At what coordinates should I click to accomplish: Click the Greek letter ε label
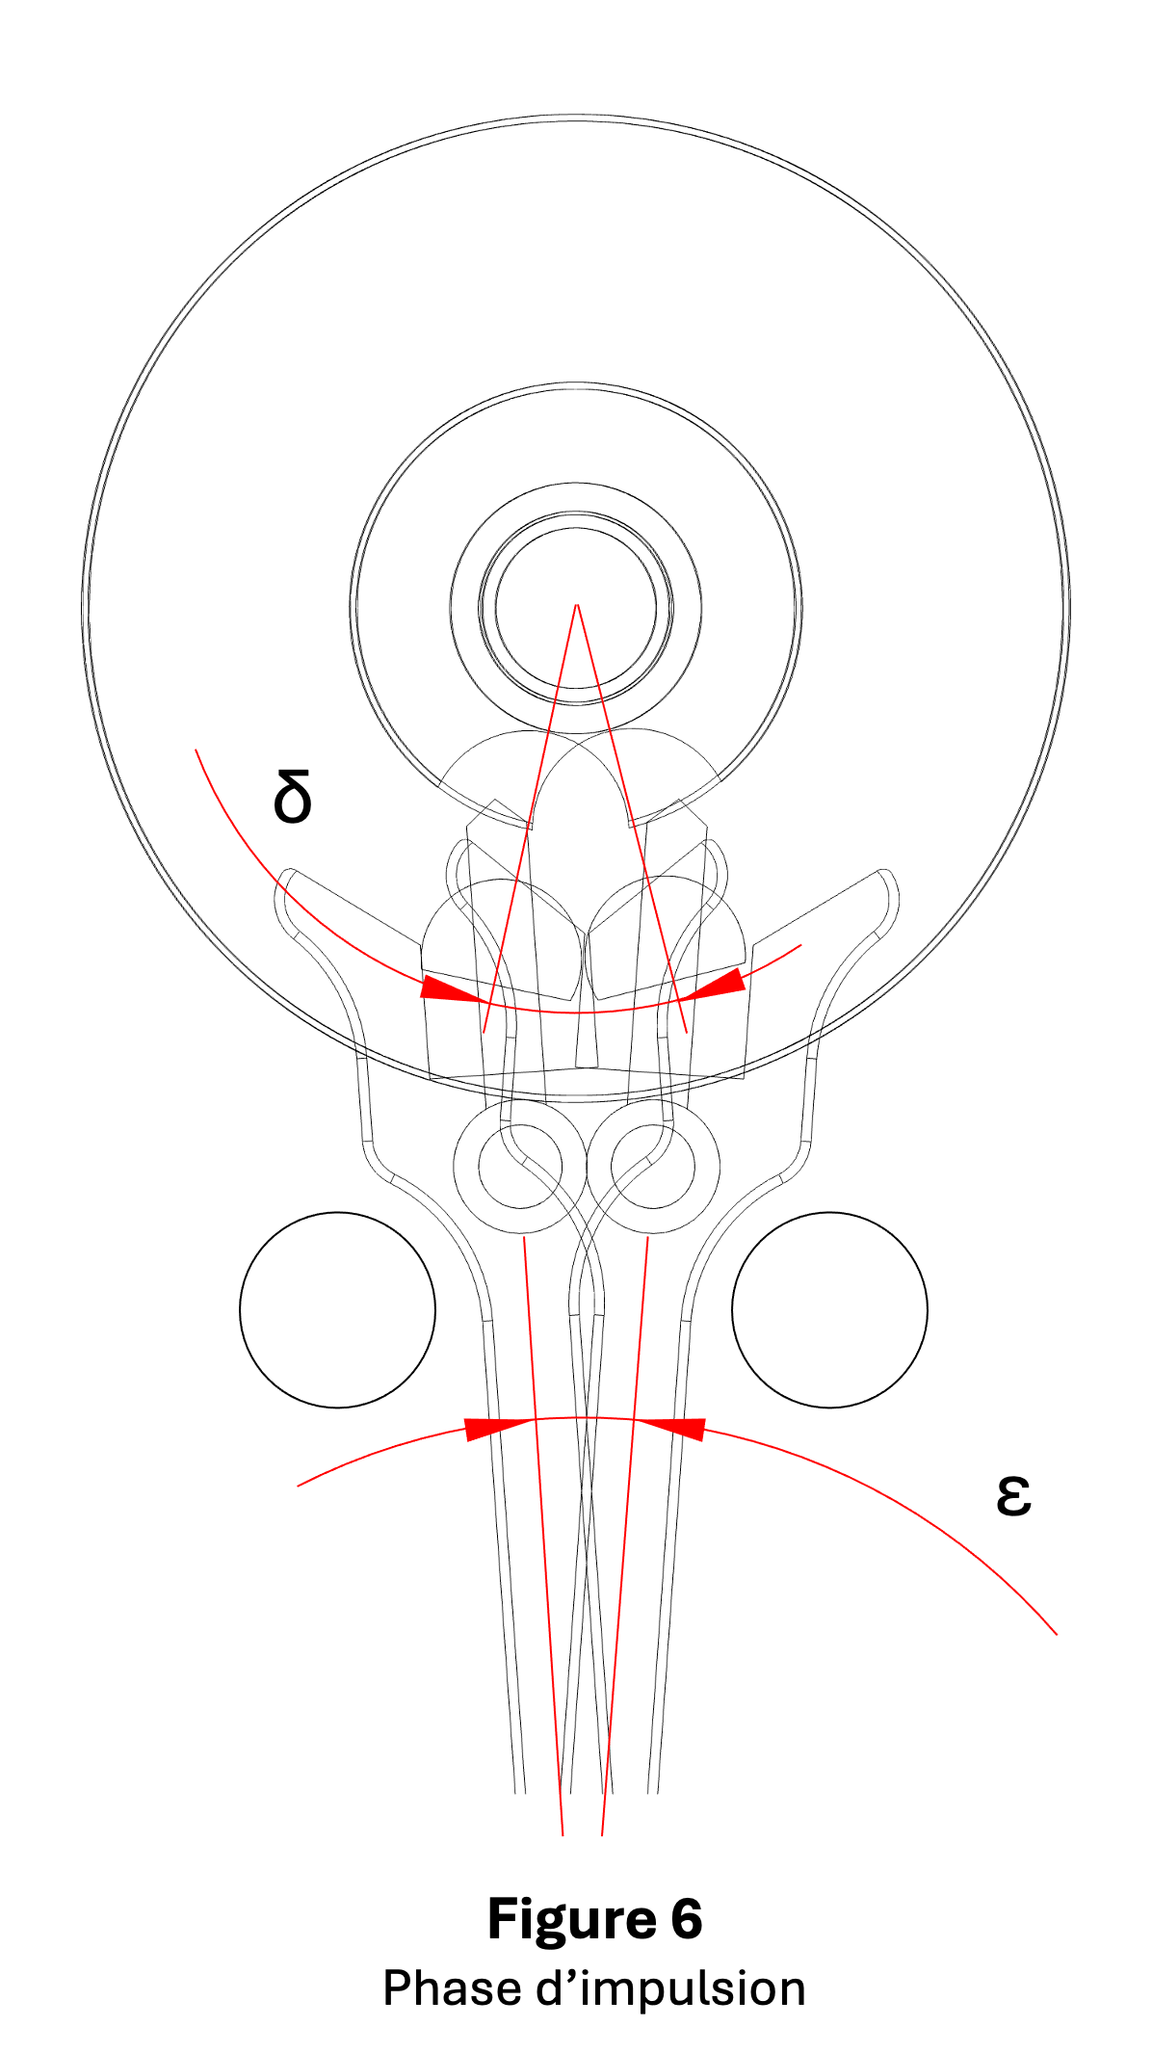[1013, 1495]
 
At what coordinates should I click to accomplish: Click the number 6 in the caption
[687, 1918]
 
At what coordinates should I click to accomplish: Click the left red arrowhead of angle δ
[453, 989]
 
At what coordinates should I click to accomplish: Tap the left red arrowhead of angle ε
[499, 1429]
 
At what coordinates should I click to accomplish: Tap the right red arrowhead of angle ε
[670, 1429]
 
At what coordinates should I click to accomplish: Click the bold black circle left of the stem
[337, 1310]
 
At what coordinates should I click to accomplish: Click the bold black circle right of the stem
[829, 1310]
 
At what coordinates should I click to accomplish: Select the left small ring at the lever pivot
[520, 1167]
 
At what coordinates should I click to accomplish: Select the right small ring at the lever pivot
[653, 1167]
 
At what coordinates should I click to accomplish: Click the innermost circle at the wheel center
[576, 608]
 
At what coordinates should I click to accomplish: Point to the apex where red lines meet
[576, 604]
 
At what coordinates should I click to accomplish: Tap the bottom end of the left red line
[563, 1835]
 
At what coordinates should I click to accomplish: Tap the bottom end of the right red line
[602, 1835]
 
